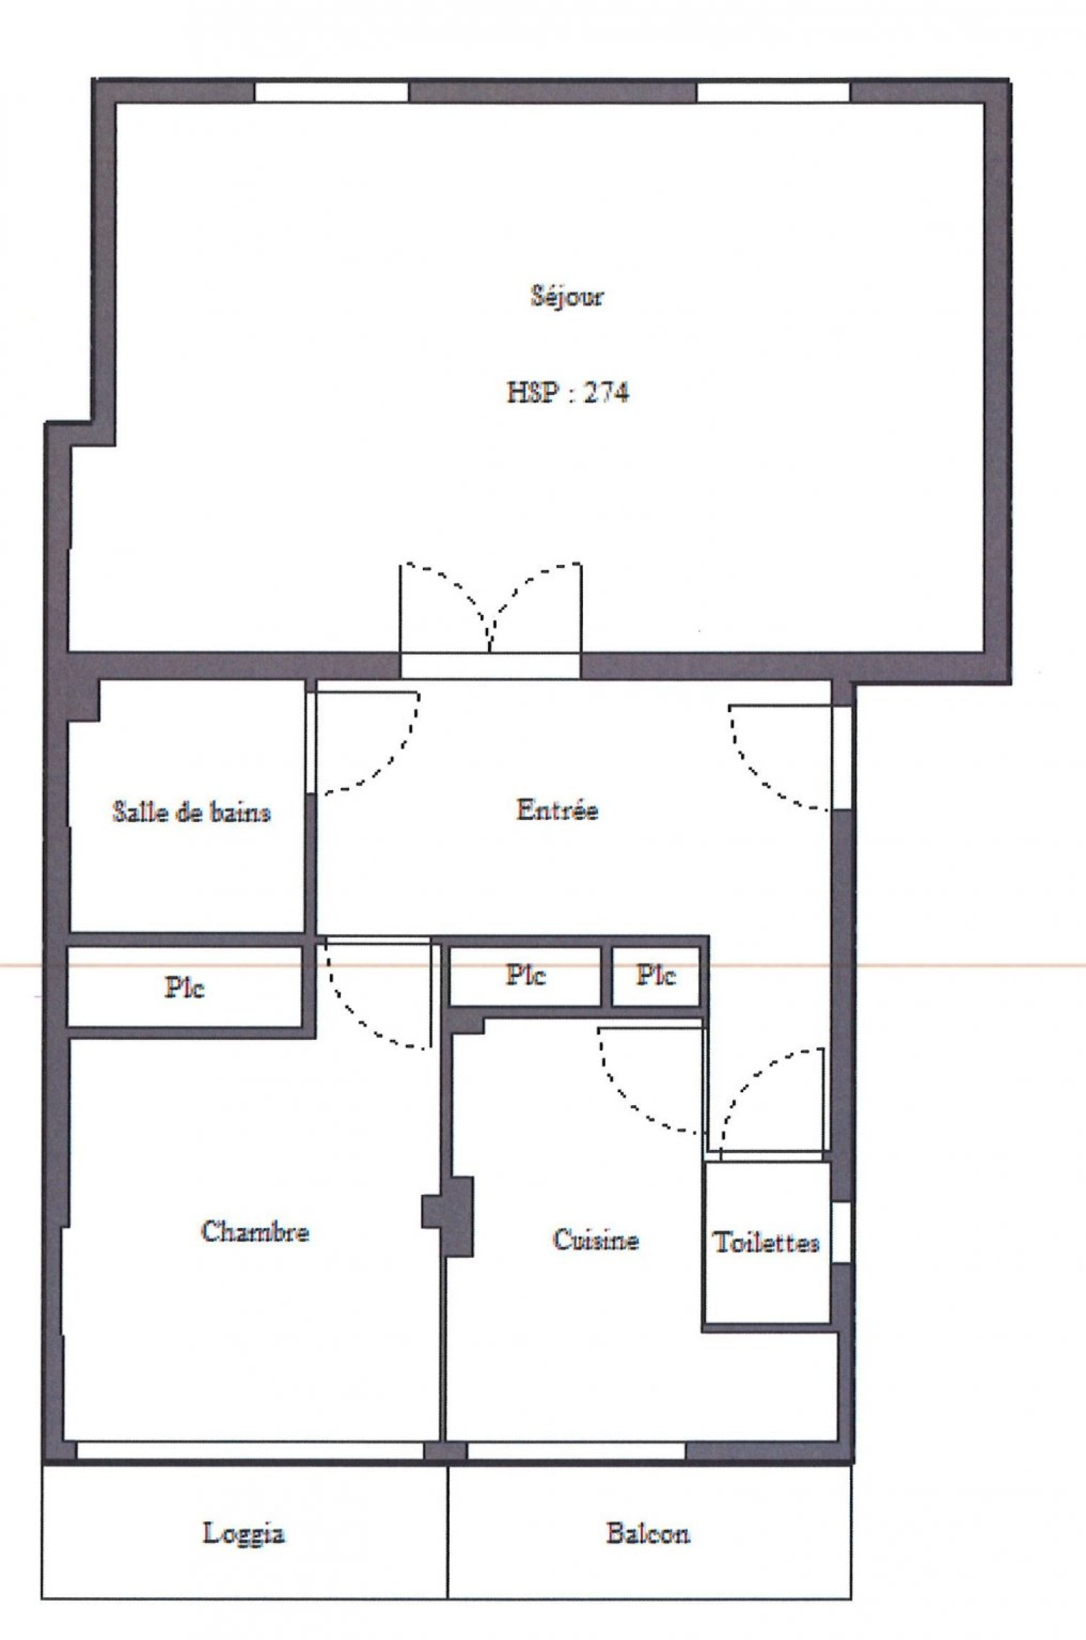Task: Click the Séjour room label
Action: (x=567, y=297)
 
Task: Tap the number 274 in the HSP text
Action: (x=607, y=394)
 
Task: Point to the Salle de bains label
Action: (x=191, y=812)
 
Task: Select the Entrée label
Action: (x=557, y=810)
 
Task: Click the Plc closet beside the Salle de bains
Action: (x=185, y=986)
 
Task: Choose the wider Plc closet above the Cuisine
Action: (x=525, y=976)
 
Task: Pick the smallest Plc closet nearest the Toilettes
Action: (x=656, y=976)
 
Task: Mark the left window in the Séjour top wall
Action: (x=331, y=92)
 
